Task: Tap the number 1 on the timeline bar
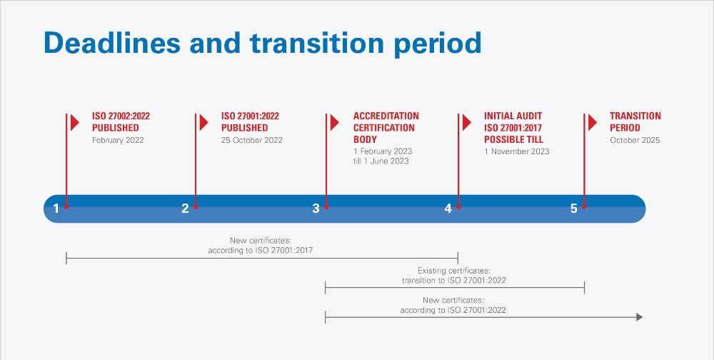56,209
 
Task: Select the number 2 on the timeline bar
185,209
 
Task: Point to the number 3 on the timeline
316,209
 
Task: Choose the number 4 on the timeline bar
448,209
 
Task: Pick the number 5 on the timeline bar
573,209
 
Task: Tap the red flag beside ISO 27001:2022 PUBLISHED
203,122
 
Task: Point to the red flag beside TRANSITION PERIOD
593,122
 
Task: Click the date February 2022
118,140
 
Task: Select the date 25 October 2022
251,140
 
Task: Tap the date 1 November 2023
516,151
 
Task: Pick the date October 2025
635,140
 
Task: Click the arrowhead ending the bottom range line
639,316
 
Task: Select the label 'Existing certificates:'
454,271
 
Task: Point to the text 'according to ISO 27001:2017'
261,251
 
